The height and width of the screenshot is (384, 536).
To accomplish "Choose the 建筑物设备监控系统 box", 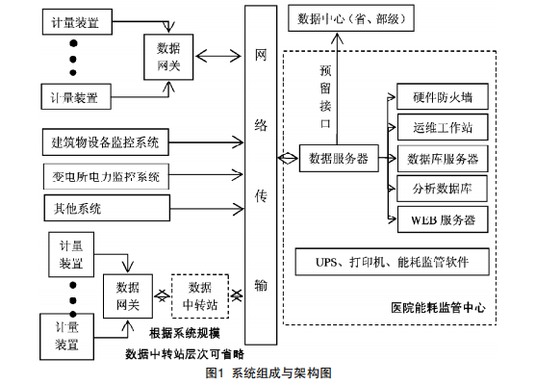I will click(x=106, y=143).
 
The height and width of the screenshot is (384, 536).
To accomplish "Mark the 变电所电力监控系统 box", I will click(x=106, y=176).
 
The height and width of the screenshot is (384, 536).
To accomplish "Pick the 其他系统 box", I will click(x=106, y=207).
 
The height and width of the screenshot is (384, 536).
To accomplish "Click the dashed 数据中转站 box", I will click(x=200, y=294).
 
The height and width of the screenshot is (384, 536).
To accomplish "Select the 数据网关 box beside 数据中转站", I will click(x=128, y=295).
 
